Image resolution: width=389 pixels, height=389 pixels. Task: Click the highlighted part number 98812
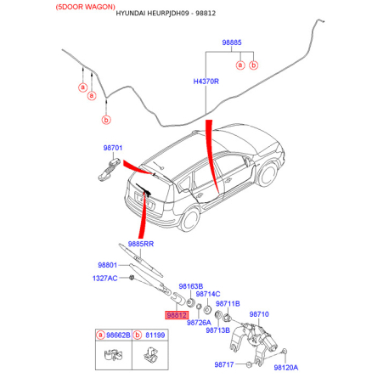[177, 315]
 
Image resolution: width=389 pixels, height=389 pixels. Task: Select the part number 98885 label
[232, 42]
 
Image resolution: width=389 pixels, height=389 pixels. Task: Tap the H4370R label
[206, 82]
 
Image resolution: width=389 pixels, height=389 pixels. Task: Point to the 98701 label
[113, 148]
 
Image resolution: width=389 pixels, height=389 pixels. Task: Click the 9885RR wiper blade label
[141, 244]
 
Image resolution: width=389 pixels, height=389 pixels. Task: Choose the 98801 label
[107, 265]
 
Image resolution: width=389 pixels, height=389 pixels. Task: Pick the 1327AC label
[104, 279]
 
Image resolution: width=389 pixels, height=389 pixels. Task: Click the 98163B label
[191, 286]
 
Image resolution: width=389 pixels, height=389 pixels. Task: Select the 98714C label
[208, 294]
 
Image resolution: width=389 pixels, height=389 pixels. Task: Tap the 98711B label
[228, 304]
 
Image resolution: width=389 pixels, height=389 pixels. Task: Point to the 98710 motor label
[259, 314]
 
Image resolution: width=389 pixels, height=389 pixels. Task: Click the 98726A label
[199, 323]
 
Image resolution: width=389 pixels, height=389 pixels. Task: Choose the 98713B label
[217, 330]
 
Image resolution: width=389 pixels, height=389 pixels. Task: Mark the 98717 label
[224, 364]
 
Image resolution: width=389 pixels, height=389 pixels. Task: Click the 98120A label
[286, 368]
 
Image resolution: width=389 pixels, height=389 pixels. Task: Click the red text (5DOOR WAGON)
[86, 7]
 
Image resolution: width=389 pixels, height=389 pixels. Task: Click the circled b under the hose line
[106, 120]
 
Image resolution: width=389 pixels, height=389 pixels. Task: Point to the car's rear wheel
[189, 219]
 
